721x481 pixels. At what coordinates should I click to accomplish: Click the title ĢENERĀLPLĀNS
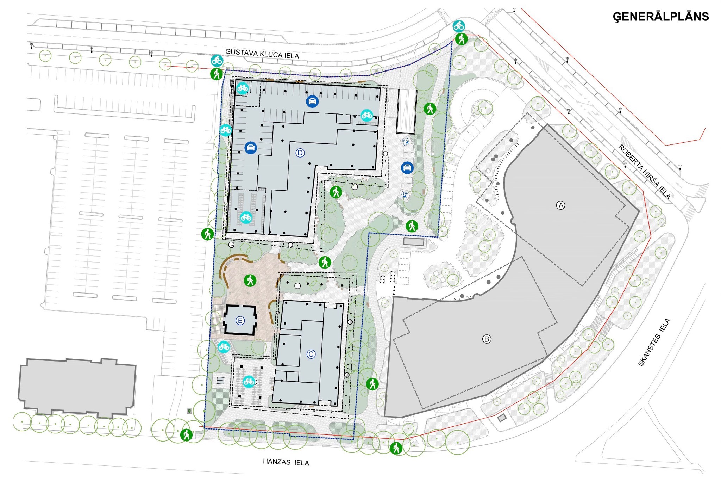(661, 17)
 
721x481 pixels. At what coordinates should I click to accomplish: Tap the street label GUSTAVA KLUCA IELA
(262, 54)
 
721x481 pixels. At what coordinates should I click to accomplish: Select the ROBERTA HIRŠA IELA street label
(645, 172)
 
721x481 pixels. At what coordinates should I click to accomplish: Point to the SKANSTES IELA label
(654, 342)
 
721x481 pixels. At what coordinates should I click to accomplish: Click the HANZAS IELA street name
(286, 462)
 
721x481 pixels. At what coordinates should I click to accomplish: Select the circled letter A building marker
(560, 205)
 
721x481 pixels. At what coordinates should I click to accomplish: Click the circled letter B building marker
(487, 339)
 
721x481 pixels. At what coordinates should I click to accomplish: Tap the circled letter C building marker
(311, 354)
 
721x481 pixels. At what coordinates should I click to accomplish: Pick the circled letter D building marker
(300, 153)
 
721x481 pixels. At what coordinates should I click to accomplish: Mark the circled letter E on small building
(240, 321)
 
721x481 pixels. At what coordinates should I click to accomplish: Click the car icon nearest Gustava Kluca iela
(312, 101)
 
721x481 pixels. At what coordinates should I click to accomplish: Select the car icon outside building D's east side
(407, 168)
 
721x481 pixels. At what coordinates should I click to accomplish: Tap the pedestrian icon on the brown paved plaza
(250, 280)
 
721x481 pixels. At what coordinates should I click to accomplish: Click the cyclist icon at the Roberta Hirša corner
(459, 26)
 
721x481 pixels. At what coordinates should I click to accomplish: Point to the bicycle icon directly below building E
(224, 347)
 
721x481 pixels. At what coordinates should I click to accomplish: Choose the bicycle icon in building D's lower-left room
(246, 217)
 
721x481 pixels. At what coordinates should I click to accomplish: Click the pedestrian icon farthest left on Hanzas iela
(186, 435)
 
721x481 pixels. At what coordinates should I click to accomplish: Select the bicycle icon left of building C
(249, 381)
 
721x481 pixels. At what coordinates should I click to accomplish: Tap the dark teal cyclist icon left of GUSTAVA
(217, 61)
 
